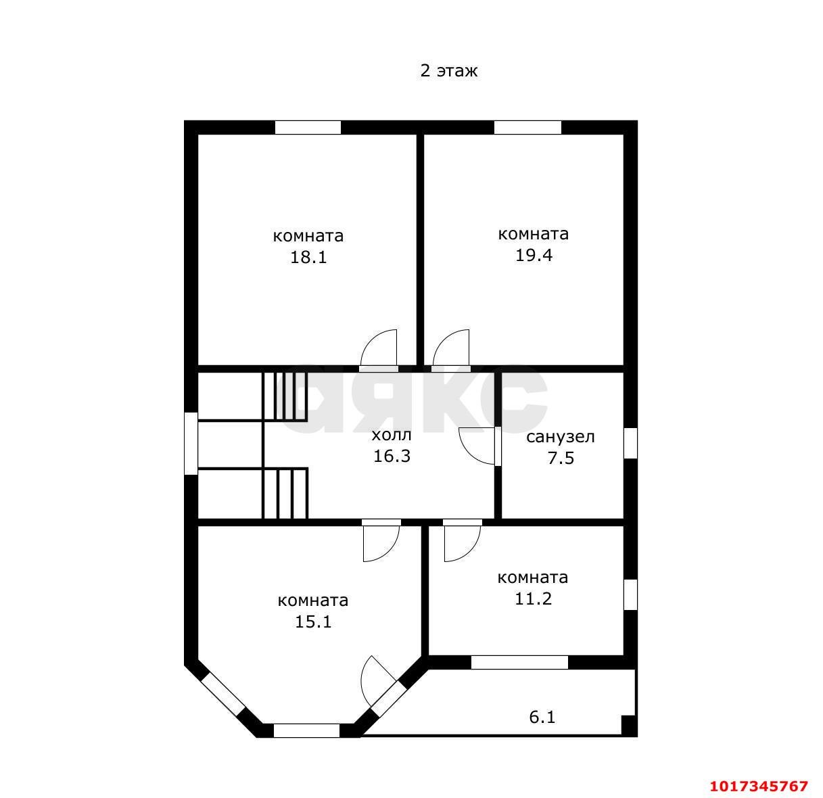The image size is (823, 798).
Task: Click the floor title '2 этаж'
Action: (449, 70)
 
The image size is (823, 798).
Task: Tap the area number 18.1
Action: (308, 257)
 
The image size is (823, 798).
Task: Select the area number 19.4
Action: (534, 255)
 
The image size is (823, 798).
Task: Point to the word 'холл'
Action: (391, 435)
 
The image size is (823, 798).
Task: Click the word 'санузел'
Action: (561, 437)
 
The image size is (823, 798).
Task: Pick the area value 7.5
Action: (561, 458)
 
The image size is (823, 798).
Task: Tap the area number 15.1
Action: (313, 621)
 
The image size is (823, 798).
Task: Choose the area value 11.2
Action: (533, 598)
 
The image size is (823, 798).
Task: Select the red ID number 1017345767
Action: (759, 786)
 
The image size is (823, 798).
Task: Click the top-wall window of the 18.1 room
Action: (308, 128)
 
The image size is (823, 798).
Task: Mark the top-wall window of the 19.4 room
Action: (527, 128)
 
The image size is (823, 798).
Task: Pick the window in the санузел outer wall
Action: (630, 443)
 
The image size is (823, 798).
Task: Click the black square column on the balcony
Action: (628, 725)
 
